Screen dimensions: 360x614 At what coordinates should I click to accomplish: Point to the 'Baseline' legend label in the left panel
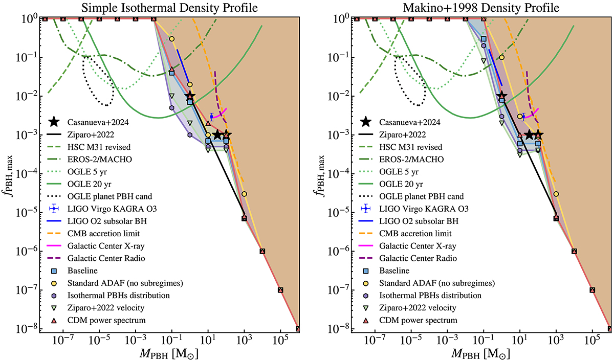[x=82, y=271]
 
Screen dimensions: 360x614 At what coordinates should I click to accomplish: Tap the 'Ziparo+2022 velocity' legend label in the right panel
[x=416, y=308]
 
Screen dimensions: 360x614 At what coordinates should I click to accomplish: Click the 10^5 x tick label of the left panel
[x=280, y=341]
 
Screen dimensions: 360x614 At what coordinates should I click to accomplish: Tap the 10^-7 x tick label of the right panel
[x=375, y=341]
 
